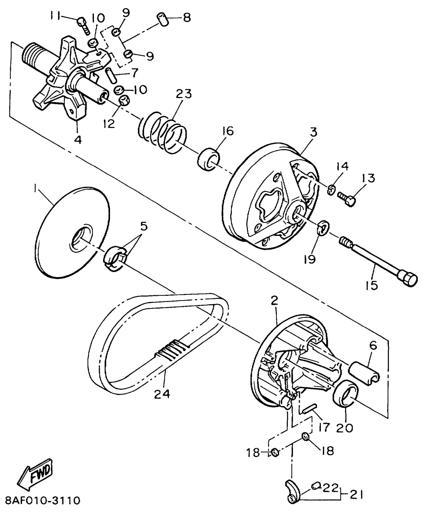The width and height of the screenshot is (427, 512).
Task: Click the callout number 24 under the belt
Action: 162,394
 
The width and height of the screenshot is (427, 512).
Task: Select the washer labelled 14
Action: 332,189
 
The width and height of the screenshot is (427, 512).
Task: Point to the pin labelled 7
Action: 111,74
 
